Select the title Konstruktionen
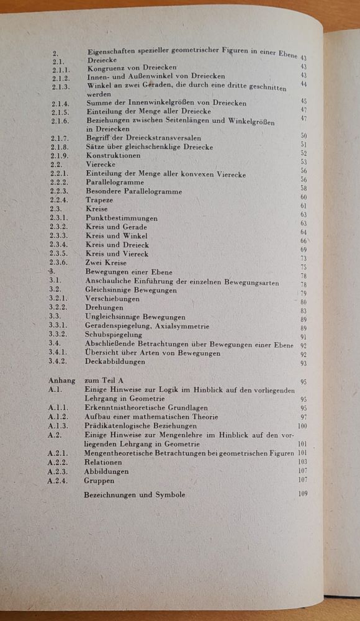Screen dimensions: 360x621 [x=113, y=155]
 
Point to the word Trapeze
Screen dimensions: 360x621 [x=101, y=201]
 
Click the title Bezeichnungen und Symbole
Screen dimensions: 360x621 [x=135, y=494]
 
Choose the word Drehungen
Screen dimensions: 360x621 [x=104, y=307]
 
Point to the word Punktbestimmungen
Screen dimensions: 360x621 [x=121, y=219]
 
